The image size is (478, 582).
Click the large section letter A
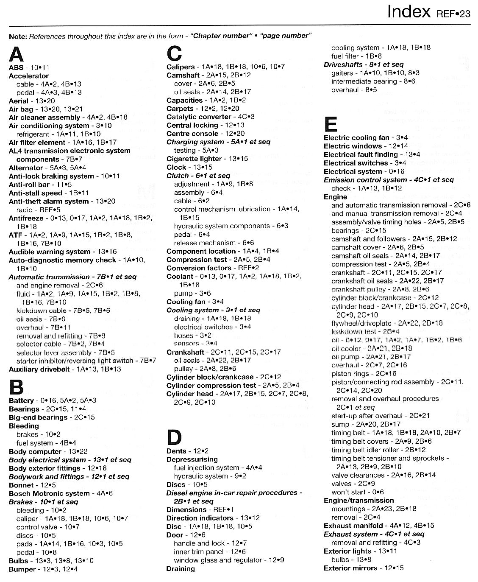17,54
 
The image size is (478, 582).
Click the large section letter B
16,387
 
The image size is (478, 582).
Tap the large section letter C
174,54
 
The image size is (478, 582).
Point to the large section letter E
331,124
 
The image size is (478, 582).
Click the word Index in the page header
409,12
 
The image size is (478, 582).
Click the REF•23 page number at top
453,14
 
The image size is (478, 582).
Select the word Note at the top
17,36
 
